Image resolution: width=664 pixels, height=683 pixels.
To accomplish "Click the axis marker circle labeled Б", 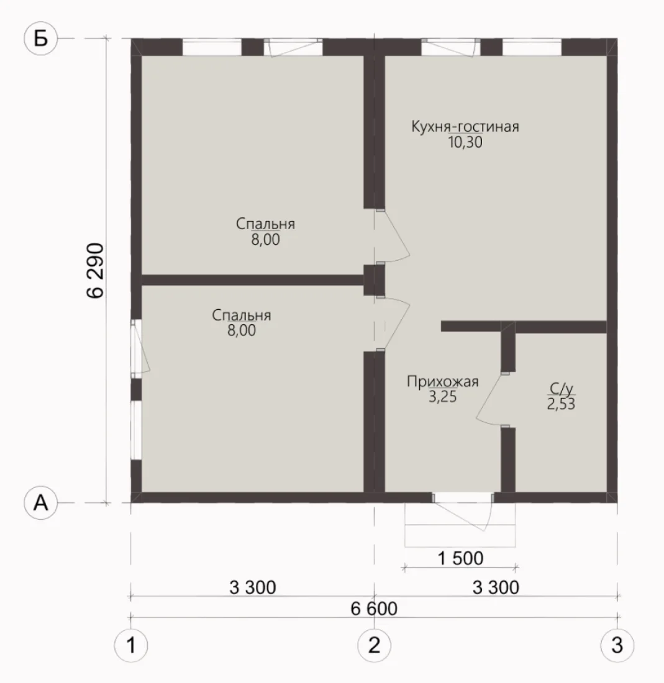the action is (40, 38).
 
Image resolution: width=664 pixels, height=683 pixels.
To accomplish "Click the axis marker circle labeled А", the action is (40, 503).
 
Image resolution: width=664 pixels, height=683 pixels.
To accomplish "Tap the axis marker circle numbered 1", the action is (130, 645).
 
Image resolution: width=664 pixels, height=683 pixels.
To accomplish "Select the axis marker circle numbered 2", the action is (375, 645).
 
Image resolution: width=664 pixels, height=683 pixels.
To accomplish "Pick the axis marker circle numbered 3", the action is (617, 645).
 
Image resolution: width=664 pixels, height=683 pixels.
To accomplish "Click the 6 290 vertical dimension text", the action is (96, 271).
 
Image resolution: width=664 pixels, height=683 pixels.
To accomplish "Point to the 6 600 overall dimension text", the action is (375, 608).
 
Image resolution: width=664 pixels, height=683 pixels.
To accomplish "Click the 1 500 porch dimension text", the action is (460, 558).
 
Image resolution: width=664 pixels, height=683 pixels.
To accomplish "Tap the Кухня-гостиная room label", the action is (465, 127).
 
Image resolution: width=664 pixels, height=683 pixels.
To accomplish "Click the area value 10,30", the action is (465, 142).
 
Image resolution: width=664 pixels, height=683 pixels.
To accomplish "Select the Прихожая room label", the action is (443, 382).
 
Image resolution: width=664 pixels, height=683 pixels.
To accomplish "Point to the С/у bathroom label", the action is (561, 388).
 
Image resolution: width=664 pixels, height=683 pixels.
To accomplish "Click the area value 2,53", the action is (561, 404).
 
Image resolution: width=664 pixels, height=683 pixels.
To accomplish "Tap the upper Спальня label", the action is (265, 224).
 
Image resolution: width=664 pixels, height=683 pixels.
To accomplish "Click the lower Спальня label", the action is (242, 315).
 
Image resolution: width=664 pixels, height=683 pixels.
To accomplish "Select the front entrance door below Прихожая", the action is (463, 512).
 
